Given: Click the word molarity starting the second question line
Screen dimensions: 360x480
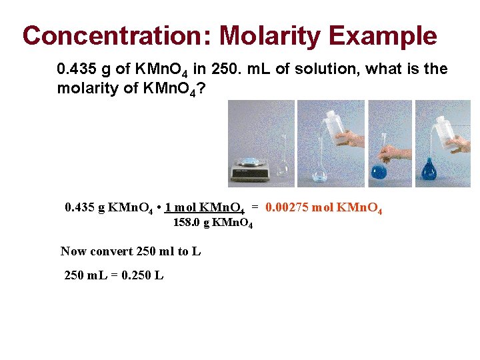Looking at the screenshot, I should (83, 87).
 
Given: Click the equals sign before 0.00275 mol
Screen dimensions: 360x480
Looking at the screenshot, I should (255, 208).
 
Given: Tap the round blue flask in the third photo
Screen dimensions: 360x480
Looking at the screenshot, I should (379, 171).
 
